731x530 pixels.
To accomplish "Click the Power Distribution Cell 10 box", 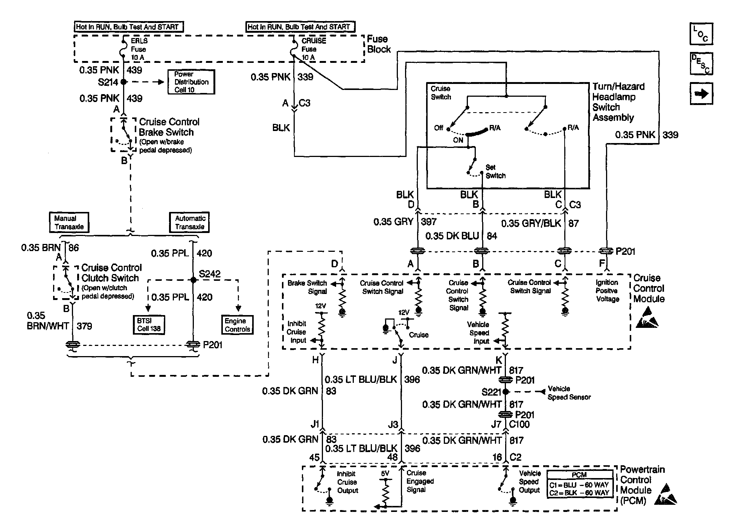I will [x=191, y=82].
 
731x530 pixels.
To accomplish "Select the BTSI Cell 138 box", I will [x=149, y=324].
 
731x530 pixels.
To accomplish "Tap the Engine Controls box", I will [x=237, y=325].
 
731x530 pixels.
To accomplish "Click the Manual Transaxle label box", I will [x=69, y=222].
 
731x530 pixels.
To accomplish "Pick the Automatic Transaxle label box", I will [x=190, y=222].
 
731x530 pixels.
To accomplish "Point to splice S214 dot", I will [x=123, y=82].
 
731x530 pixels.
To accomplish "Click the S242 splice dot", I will [x=193, y=280].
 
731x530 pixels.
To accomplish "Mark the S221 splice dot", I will [x=506, y=392].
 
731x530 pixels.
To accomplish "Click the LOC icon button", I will [x=701, y=34].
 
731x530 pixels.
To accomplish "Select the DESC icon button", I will [x=701, y=64].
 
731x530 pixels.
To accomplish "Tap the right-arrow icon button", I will [x=701, y=94].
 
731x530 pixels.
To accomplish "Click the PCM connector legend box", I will [x=579, y=484].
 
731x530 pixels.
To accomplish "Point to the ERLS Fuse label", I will [x=139, y=49].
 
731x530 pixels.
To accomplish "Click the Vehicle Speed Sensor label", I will [x=569, y=393].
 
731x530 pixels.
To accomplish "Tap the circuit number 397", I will [x=429, y=222].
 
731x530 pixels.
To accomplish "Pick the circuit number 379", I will [x=84, y=326].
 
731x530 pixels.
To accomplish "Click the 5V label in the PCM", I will [x=385, y=474].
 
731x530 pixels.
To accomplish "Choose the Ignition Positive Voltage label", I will [x=607, y=291].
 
